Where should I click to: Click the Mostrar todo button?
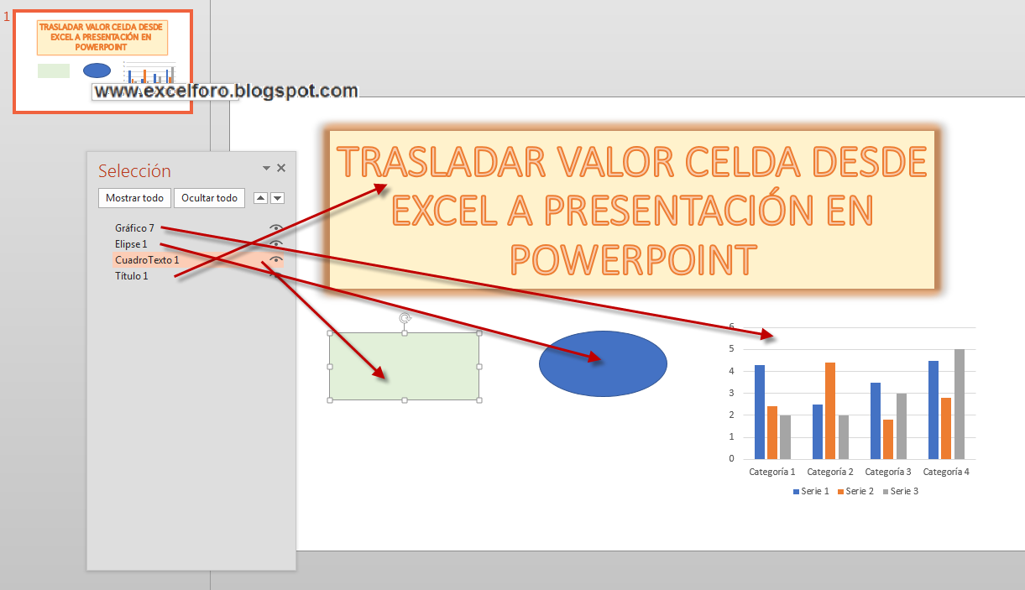click(134, 198)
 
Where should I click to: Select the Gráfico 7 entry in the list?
click(134, 227)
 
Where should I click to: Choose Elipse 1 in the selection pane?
click(131, 243)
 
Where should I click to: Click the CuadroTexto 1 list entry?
click(147, 260)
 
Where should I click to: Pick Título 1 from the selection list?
click(131, 276)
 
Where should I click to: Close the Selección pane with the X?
click(281, 168)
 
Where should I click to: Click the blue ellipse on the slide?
click(603, 363)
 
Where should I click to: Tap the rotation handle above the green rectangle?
click(405, 318)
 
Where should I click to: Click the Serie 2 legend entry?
click(855, 491)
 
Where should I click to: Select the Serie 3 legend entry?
click(900, 491)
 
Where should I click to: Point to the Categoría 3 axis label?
click(887, 472)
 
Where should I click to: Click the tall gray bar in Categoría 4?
click(960, 404)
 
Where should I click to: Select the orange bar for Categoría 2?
click(830, 410)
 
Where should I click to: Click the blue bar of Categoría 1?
click(760, 411)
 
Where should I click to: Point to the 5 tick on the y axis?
click(731, 348)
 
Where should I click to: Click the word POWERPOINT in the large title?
click(633, 259)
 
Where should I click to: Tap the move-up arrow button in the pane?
click(260, 198)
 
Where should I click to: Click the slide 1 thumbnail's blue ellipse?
click(97, 70)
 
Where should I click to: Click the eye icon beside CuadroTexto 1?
click(276, 260)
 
